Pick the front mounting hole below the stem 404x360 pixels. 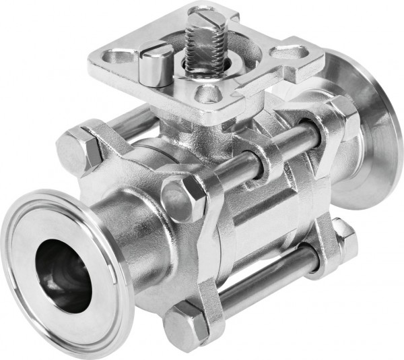[x=209, y=94]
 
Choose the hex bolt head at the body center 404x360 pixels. [x=184, y=201]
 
